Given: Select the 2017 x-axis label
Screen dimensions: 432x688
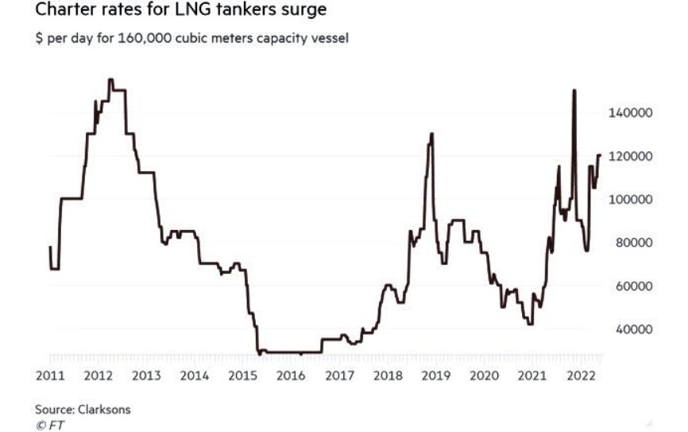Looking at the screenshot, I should (339, 375).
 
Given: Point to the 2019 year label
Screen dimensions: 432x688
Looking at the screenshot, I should (436, 375).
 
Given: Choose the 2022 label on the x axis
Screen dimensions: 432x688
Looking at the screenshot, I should (582, 375).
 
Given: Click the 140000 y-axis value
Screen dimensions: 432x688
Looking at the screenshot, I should (630, 113).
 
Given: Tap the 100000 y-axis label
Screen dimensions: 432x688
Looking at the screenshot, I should (630, 199).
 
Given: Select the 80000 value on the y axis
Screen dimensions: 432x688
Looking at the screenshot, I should (632, 242).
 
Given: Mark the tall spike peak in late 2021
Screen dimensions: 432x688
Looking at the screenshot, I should (574, 91).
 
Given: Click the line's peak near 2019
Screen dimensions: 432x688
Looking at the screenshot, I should (431, 134).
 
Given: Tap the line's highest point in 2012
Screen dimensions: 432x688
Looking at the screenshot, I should (110, 80).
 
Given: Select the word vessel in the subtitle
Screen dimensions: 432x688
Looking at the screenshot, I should (329, 37).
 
